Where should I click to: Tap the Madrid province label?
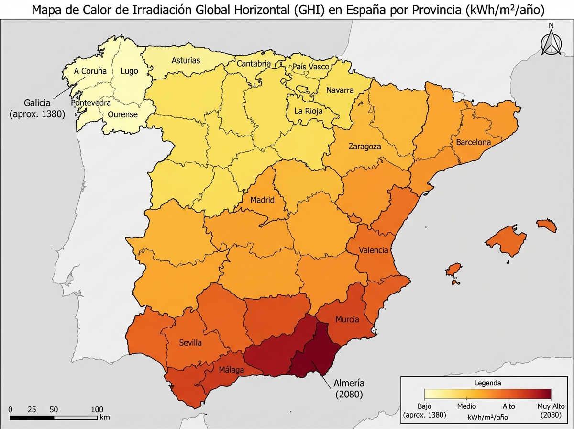[263, 200]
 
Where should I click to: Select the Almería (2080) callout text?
[350, 389]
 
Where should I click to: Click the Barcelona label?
[473, 142]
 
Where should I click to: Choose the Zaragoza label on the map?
[364, 147]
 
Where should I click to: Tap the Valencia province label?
[374, 250]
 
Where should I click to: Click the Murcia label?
[347, 319]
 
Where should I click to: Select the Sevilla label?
[190, 343]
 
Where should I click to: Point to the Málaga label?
[231, 370]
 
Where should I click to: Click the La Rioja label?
[308, 111]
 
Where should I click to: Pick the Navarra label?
[340, 90]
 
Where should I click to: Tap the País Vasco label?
[310, 67]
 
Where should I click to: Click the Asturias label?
[186, 61]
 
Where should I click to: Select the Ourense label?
[122, 115]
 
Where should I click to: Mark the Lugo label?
[129, 71]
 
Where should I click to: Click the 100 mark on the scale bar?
[97, 409]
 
